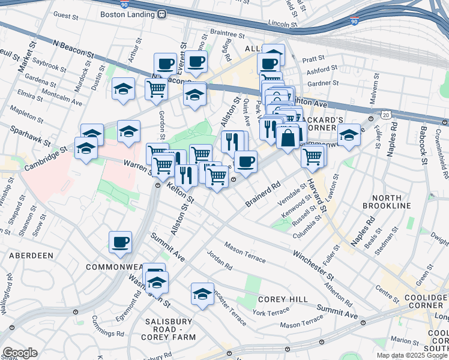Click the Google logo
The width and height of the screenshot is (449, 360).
(x=20, y=353)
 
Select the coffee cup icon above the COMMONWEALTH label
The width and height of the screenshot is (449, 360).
(x=120, y=242)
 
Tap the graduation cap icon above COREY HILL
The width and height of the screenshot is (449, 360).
(x=203, y=294)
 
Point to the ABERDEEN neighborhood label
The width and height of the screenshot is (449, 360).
(x=31, y=255)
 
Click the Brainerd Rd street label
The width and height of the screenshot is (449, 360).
(x=263, y=196)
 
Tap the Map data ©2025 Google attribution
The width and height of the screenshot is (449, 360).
(x=412, y=355)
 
